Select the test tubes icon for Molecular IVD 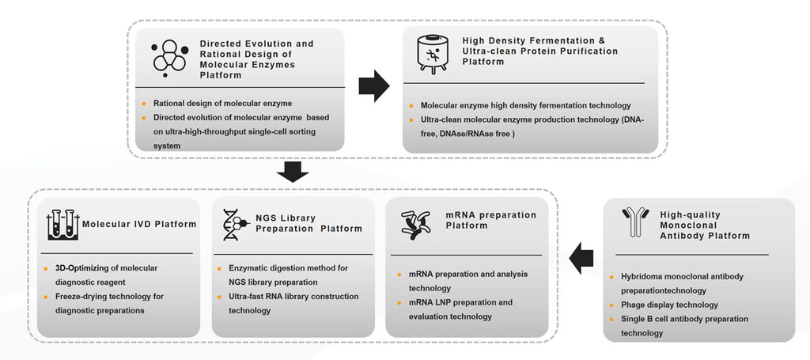click(60, 224)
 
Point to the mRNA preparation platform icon click(416, 224)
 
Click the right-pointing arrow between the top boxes click(374, 86)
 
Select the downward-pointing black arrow click(293, 171)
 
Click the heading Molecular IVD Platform click(139, 224)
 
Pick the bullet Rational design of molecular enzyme click(222, 103)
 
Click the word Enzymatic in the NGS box click(242, 267)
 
